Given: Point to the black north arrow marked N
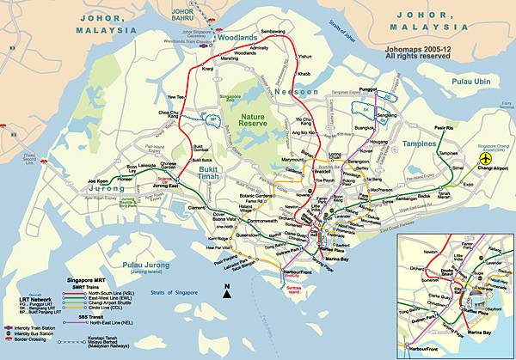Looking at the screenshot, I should pyautogui.click(x=226, y=291).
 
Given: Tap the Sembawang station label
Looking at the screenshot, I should pyautogui.click(x=273, y=31).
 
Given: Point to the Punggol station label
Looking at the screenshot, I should pyautogui.click(x=368, y=88).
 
